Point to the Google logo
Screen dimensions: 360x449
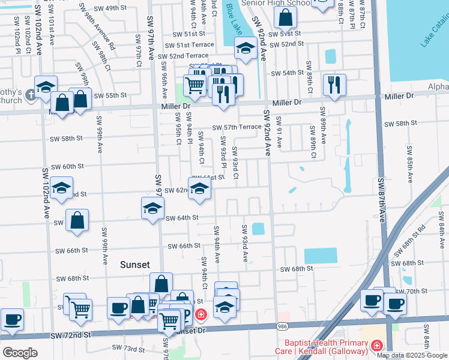(19, 352)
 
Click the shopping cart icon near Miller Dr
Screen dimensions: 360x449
(194, 85)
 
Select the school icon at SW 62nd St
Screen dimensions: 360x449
(200, 188)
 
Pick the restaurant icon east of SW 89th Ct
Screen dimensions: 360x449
(334, 84)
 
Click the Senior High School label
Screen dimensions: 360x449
(282, 4)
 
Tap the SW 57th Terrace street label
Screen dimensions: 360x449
(237, 127)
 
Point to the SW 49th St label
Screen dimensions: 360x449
(103, 8)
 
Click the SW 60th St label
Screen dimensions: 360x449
(67, 166)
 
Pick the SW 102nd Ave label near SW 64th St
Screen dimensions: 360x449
(46, 196)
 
